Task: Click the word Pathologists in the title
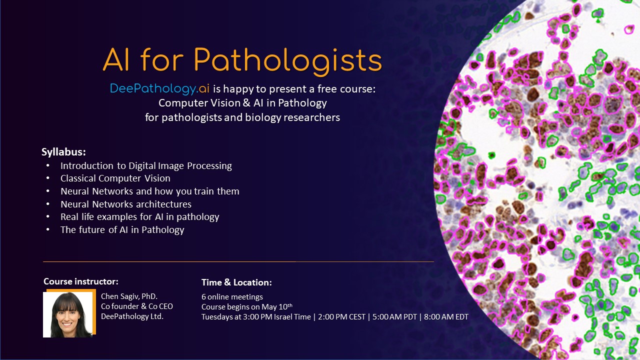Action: point(287,61)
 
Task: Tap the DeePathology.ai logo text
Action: point(159,89)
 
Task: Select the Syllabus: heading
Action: point(63,152)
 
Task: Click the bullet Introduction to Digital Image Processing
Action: point(146,165)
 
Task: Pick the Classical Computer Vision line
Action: point(115,178)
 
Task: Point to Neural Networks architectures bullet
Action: point(126,204)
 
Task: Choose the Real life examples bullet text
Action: point(140,217)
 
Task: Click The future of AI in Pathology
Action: point(122,230)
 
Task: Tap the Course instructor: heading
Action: point(81,281)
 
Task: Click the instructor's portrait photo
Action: point(68,314)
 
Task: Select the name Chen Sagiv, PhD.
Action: point(129,296)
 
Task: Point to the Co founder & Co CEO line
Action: point(136,306)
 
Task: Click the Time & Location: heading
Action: point(236,282)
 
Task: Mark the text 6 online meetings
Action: point(232,297)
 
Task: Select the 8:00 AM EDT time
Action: point(446,316)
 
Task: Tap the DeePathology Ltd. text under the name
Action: point(132,316)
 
